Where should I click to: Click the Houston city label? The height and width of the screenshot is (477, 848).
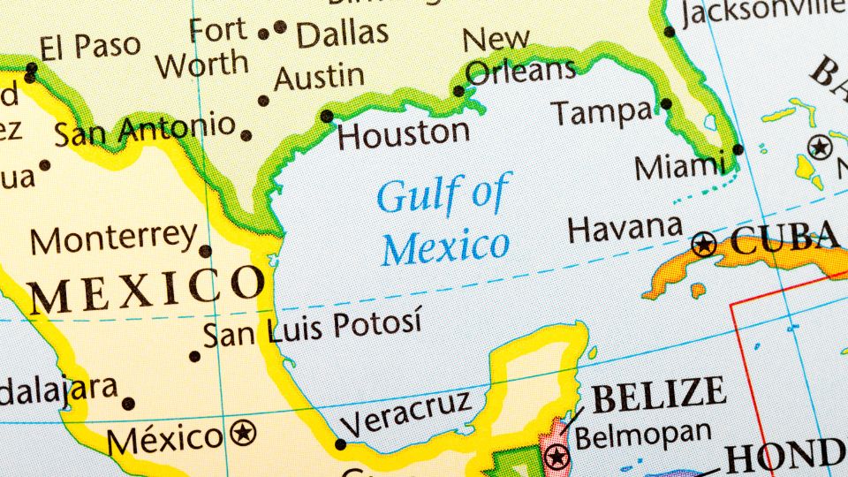404,135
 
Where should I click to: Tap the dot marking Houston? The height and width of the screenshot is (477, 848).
327,116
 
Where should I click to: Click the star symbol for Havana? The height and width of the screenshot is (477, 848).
704,243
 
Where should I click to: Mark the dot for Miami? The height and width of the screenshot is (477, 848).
738,149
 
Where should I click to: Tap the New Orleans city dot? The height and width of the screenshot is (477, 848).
458,91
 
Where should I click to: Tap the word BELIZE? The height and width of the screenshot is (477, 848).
659,393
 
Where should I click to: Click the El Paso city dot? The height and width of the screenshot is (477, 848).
32,67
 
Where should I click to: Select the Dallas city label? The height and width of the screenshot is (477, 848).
342,34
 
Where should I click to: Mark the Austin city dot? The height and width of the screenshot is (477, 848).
263,101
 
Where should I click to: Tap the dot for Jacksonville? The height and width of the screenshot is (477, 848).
670,32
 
